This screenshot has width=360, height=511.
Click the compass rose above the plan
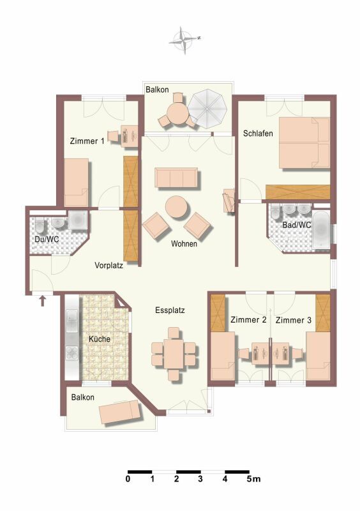(184, 40)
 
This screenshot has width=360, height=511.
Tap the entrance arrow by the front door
(42, 301)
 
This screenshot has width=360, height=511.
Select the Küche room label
(100, 339)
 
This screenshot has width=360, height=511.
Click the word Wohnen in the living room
(184, 243)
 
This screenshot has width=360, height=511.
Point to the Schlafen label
(258, 133)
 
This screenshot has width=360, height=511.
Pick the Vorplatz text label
(109, 265)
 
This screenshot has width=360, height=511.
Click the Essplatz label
(170, 310)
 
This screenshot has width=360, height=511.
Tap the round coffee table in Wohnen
(177, 206)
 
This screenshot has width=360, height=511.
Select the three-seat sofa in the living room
(176, 178)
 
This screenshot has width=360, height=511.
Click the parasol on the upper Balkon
(207, 109)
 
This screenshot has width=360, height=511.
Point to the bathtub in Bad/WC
(321, 230)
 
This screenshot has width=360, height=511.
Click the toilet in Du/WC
(40, 225)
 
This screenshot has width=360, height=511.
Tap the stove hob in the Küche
(72, 353)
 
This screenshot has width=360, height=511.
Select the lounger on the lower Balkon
(120, 412)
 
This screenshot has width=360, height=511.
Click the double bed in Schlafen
(304, 142)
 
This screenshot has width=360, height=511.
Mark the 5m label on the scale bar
(254, 478)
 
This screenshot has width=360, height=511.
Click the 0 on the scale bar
(128, 478)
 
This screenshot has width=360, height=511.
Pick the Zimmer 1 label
(87, 141)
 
